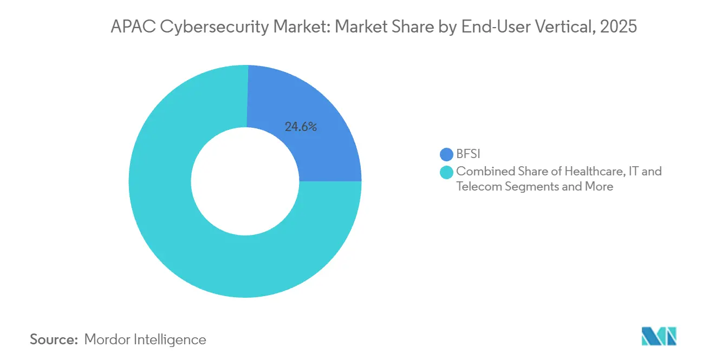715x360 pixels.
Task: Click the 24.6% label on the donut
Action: [301, 127]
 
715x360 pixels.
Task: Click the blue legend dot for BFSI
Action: [447, 155]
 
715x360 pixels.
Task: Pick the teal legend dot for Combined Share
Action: [447, 172]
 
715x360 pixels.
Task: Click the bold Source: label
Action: [54, 339]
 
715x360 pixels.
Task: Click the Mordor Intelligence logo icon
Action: [659, 337]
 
